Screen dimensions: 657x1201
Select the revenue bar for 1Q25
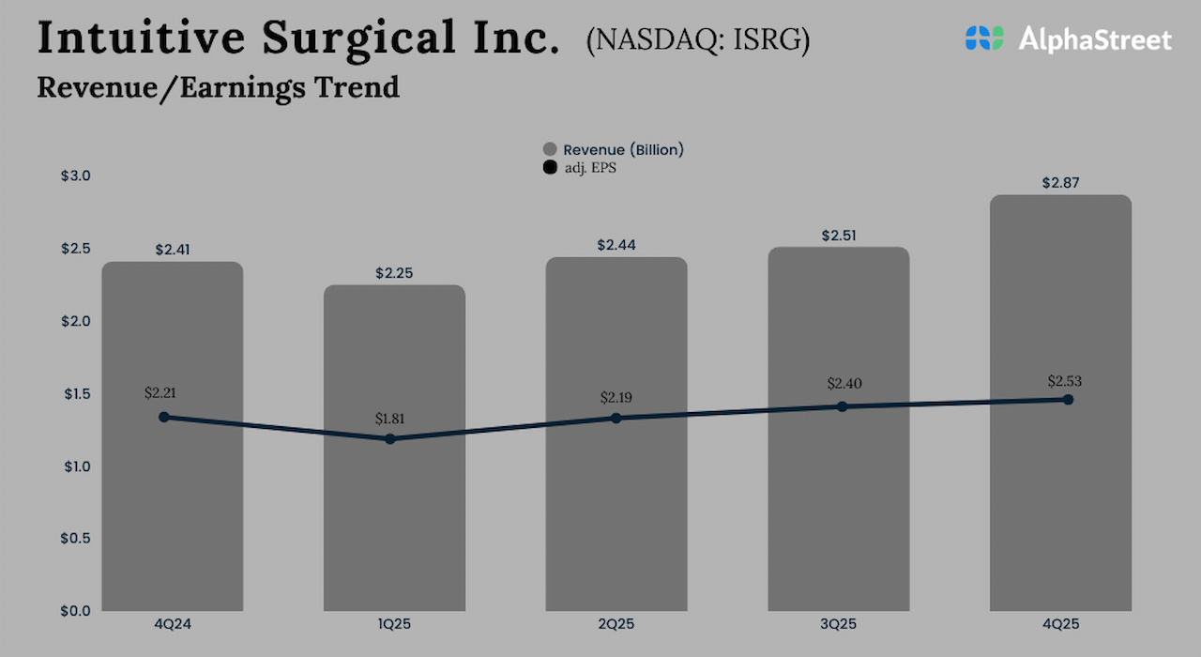point(394,526)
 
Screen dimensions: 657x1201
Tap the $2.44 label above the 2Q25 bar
point(616,245)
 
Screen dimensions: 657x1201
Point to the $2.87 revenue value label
point(1060,183)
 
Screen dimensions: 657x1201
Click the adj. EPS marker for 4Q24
point(164,417)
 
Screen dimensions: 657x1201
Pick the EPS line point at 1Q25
point(390,438)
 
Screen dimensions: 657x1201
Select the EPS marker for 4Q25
point(1068,400)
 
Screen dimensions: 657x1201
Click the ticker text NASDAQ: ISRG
point(698,42)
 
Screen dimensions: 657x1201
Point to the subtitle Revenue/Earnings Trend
point(218,87)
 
